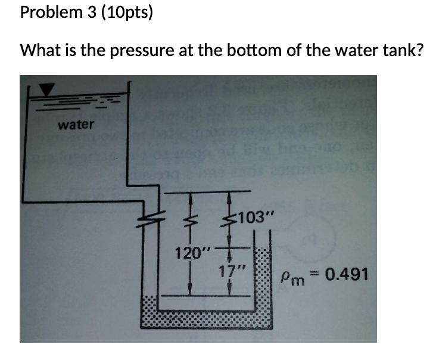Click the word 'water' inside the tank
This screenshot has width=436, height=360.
pos(76,125)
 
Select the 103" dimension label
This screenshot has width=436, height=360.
pos(256,216)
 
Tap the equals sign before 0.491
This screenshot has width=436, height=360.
pos(319,275)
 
